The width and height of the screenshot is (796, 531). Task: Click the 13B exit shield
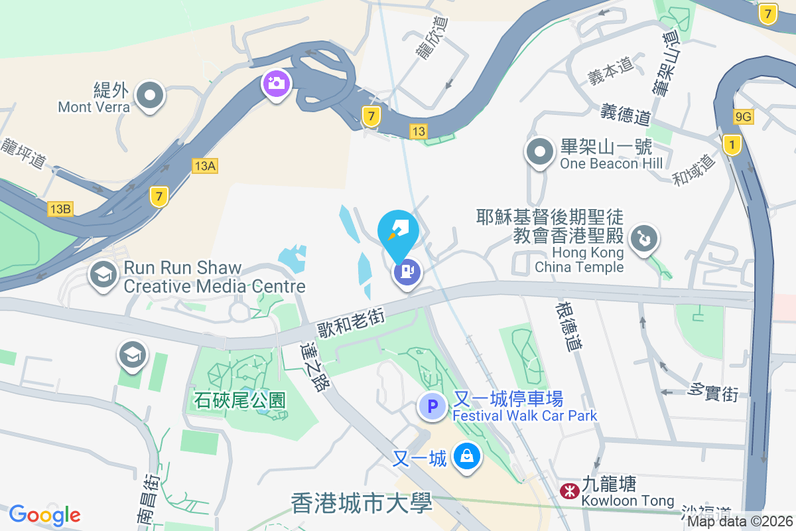click(60, 210)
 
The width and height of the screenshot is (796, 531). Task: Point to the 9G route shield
click(744, 117)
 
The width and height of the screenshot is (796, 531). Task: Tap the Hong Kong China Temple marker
click(643, 238)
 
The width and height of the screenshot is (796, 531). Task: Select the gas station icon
click(407, 271)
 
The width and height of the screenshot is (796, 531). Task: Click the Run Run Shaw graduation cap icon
click(103, 274)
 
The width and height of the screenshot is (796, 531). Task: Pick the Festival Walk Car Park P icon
click(432, 406)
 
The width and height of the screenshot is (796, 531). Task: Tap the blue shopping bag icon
click(467, 457)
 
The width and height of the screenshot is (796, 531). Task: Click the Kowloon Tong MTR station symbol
click(568, 491)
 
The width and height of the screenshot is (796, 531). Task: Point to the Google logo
click(45, 515)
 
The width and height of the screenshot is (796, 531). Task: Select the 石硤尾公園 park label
click(239, 400)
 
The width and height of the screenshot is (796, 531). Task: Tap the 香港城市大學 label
click(362, 502)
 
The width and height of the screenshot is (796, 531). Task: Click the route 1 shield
click(732, 144)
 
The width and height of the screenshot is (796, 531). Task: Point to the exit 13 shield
click(417, 131)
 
